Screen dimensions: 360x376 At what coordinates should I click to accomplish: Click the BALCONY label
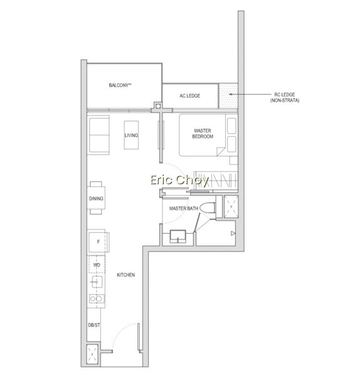(x=120, y=85)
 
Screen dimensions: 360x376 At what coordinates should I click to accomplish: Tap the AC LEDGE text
(x=190, y=96)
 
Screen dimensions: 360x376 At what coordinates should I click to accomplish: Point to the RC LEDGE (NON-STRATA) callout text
(x=285, y=98)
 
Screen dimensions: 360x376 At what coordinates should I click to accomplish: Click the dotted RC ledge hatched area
(x=228, y=95)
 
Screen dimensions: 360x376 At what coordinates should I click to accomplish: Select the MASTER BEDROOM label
(x=203, y=133)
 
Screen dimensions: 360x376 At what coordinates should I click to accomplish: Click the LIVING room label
(x=131, y=135)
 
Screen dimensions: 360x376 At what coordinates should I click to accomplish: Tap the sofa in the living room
(x=99, y=135)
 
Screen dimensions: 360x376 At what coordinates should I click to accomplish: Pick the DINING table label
(x=96, y=199)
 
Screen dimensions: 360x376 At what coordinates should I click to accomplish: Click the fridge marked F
(x=98, y=241)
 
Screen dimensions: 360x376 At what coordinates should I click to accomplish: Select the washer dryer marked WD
(x=97, y=264)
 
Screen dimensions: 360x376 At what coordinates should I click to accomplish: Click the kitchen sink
(x=97, y=282)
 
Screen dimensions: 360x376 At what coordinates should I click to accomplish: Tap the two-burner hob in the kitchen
(x=96, y=298)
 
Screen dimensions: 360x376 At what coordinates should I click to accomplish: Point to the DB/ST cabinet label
(x=94, y=325)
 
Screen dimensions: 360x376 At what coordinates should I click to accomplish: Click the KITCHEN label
(x=126, y=275)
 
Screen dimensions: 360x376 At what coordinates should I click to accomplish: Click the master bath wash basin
(x=178, y=236)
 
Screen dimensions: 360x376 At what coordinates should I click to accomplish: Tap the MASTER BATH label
(x=184, y=209)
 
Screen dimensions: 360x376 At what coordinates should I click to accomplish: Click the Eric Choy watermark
(x=179, y=180)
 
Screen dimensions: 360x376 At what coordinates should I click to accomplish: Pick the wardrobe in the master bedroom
(x=216, y=180)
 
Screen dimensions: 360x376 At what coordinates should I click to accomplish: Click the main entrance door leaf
(x=139, y=338)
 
